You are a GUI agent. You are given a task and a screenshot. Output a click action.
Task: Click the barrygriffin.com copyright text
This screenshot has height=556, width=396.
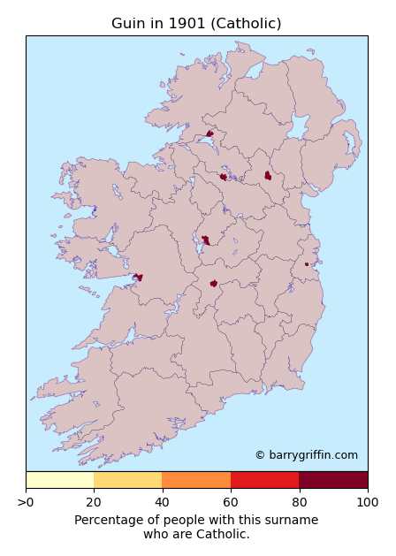click(x=306, y=455)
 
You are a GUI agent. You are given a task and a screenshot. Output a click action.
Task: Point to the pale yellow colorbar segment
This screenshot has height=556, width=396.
click(x=60, y=480)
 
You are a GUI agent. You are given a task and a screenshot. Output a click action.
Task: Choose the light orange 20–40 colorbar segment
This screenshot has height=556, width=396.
click(x=128, y=480)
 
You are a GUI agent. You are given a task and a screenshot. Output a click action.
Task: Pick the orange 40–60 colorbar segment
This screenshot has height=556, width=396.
click(x=196, y=480)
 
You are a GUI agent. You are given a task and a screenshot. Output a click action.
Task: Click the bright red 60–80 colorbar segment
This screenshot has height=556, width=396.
click(x=264, y=480)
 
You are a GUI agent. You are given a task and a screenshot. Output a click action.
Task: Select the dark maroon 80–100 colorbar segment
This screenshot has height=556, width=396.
click(x=333, y=480)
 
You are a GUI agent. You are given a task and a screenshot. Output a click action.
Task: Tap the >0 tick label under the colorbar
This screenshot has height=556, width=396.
click(x=26, y=502)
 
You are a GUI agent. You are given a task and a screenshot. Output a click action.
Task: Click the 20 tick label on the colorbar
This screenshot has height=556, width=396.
click(x=95, y=502)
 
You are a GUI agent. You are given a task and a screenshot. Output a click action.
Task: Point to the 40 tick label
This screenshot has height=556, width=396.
click(x=163, y=502)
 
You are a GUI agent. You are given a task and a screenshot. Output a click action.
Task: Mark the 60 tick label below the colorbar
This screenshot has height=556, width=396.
click(x=231, y=502)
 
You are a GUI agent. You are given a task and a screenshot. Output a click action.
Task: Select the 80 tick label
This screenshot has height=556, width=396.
click(x=299, y=502)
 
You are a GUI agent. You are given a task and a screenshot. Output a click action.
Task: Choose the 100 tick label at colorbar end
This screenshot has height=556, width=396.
click(x=368, y=502)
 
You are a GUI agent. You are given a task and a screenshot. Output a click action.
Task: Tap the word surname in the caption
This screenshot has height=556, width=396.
click(x=294, y=521)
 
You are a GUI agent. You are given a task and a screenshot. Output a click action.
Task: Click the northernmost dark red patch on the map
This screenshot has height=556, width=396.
click(x=209, y=134)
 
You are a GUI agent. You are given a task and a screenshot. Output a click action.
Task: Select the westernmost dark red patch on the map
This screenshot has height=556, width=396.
click(x=138, y=278)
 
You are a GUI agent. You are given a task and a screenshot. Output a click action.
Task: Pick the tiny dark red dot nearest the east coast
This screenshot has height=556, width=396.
click(x=307, y=264)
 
